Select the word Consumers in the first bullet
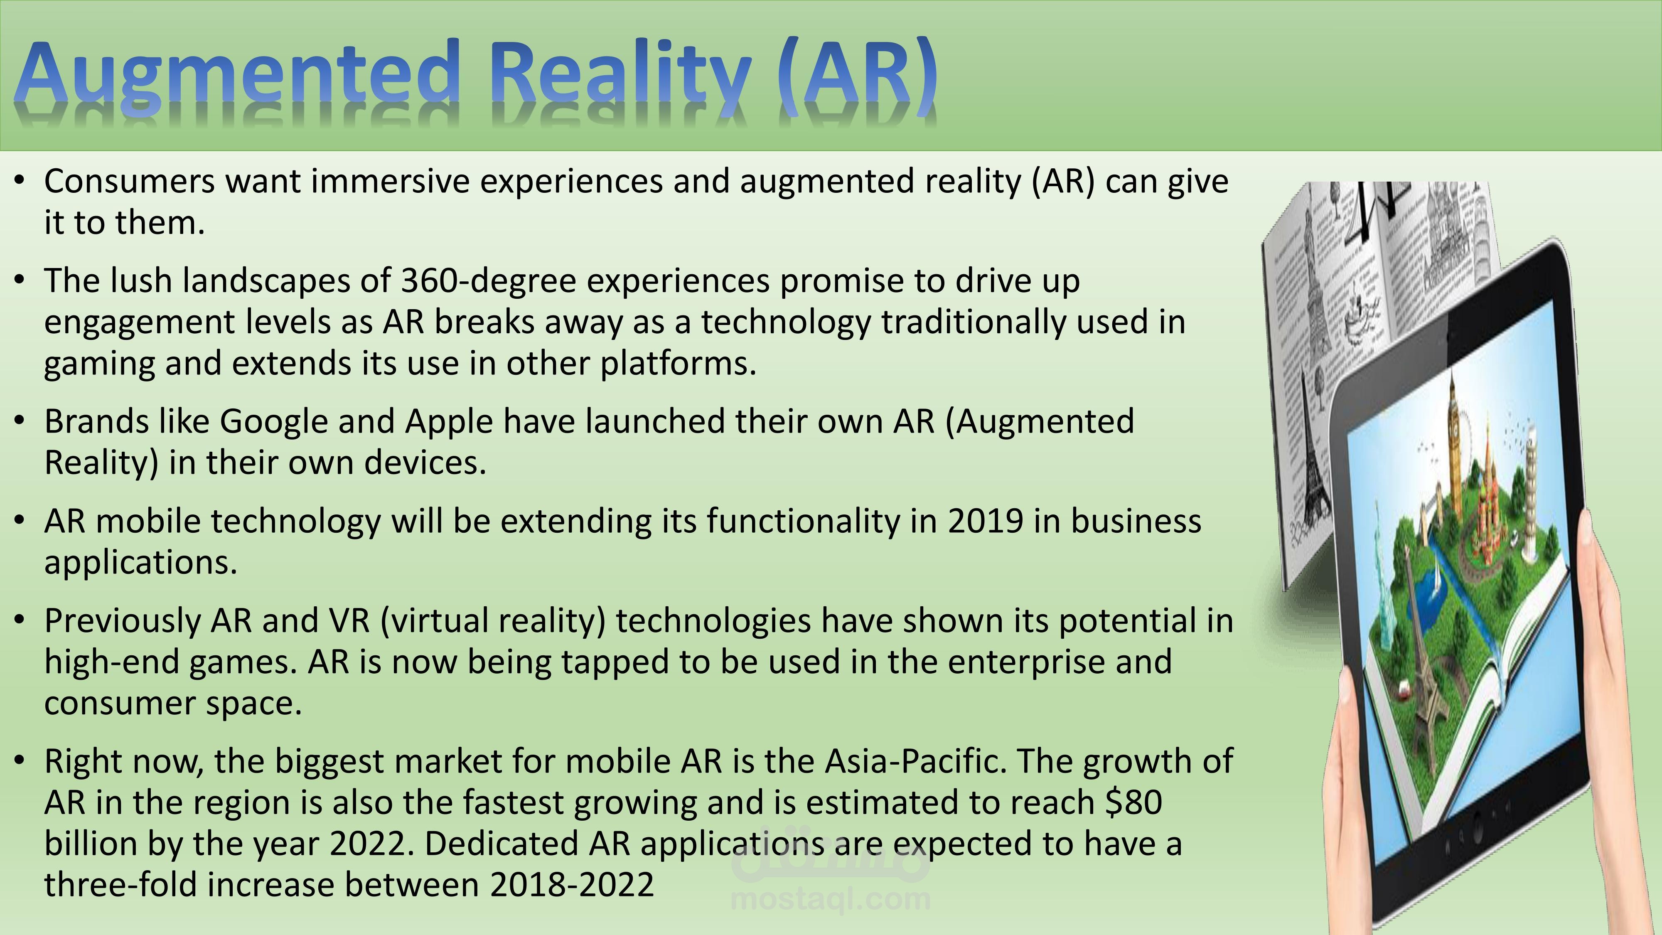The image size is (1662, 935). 129,181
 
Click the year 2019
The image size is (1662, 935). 985,522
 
